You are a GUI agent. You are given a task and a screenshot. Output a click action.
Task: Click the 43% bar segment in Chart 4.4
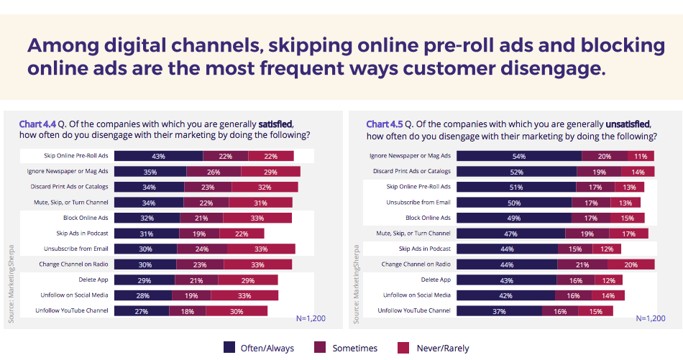click(158, 156)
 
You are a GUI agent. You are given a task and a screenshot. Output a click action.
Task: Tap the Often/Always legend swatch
click(230, 348)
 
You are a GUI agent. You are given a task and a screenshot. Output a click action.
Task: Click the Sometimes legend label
click(354, 349)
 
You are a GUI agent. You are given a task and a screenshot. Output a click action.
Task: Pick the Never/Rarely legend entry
click(442, 349)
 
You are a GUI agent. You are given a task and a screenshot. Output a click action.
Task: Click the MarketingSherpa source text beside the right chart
click(356, 283)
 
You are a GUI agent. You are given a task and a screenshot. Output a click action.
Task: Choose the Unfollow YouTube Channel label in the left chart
click(72, 310)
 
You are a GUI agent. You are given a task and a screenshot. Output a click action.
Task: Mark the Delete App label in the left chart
click(93, 280)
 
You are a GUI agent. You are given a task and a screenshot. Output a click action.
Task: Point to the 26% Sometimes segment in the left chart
click(214, 171)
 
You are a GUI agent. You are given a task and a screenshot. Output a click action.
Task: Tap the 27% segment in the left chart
click(142, 310)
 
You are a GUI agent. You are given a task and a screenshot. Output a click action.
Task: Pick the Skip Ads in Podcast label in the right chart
click(424, 249)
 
